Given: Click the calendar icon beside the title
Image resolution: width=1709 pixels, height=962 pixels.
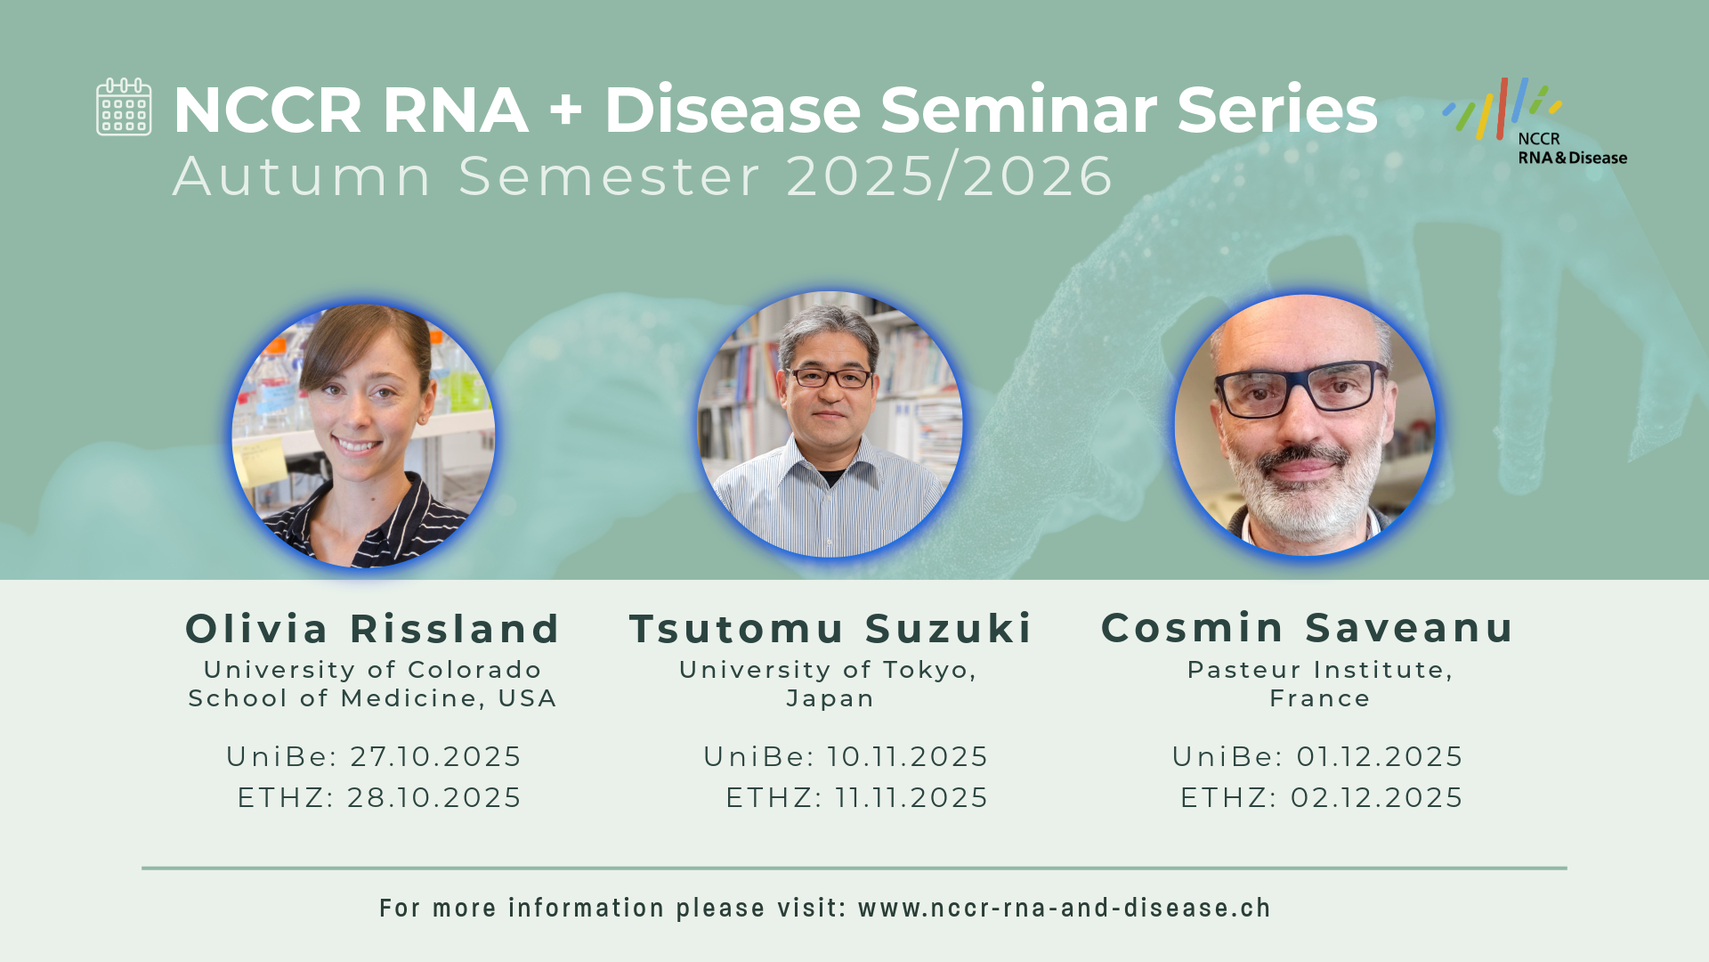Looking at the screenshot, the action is tap(124, 107).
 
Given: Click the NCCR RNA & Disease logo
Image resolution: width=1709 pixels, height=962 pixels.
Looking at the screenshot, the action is tap(1535, 122).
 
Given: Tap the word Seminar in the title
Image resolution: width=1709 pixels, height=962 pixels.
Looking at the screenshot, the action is tap(1018, 110).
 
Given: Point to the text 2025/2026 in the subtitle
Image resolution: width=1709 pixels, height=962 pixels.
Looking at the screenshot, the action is tap(950, 175).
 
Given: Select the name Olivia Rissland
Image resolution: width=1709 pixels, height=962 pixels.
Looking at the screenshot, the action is tap(373, 629).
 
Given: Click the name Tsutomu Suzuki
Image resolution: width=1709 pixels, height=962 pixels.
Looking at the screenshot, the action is tap(830, 629).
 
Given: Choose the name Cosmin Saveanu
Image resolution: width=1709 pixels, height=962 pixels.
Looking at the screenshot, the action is tap(1308, 628).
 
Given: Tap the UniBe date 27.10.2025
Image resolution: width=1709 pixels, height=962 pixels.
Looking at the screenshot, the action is tap(435, 756).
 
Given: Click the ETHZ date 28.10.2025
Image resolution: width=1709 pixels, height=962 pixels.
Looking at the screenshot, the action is tap(433, 797).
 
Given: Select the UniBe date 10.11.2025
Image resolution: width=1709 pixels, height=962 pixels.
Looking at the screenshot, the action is tap(907, 756).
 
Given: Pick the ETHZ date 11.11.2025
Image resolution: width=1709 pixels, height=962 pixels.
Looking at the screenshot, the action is tap(911, 797).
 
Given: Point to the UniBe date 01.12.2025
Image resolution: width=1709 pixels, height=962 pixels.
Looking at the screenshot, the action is tap(1379, 756).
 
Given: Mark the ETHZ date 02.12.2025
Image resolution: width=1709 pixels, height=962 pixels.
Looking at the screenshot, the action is tap(1376, 797).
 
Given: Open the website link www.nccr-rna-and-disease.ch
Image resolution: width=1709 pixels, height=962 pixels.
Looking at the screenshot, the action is tap(1065, 908).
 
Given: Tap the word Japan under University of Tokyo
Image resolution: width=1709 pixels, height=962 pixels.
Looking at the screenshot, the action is tap(830, 698).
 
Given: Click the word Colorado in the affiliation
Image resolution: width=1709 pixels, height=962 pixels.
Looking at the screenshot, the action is tap(474, 670).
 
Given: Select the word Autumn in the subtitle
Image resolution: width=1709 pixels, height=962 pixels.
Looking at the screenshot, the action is tap(303, 175).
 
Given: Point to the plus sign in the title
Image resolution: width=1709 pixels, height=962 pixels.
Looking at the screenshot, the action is tap(566, 110).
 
